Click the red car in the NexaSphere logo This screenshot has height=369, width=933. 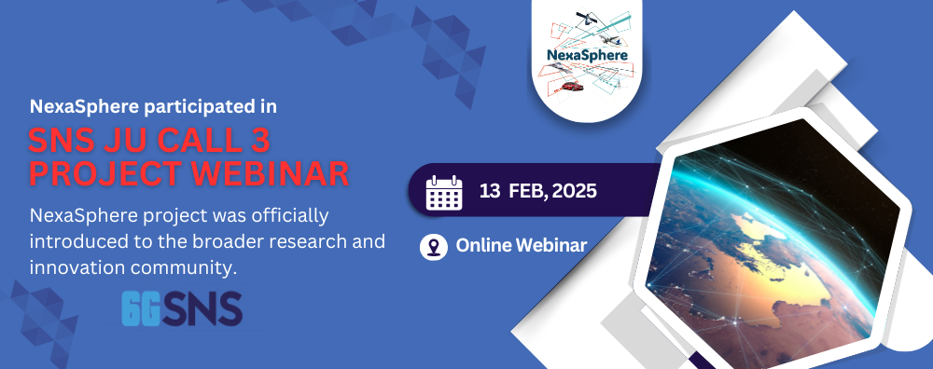point(572,87)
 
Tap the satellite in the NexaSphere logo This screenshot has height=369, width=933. point(588,19)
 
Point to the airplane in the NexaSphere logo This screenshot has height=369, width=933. point(609,39)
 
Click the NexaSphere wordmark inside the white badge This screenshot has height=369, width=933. point(587,55)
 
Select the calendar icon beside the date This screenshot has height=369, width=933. point(444,193)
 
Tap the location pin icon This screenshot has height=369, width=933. point(433,246)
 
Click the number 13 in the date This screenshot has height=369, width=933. point(490,191)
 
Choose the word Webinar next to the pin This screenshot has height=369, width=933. point(551,245)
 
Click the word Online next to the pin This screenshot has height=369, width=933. point(483,245)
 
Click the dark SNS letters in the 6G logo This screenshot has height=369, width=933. point(202,308)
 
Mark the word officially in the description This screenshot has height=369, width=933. point(290,215)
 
